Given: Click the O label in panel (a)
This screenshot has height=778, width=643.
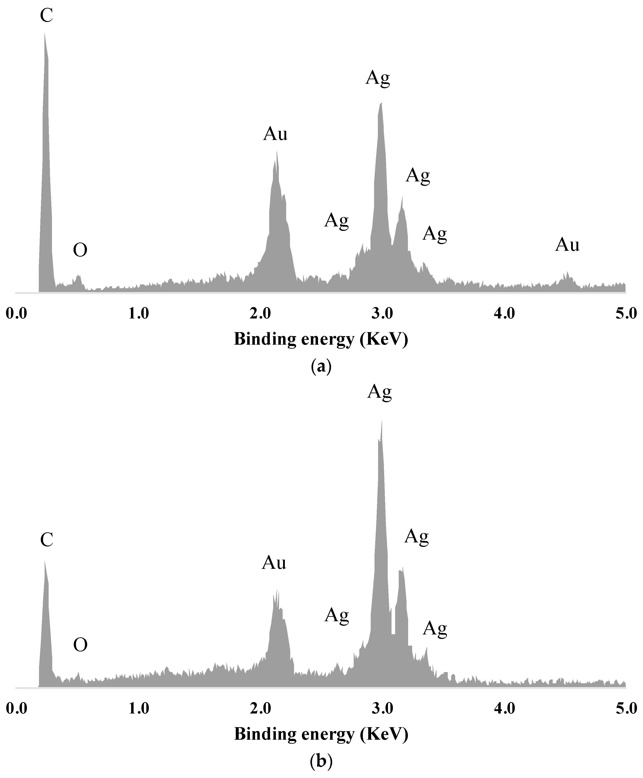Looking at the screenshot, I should click(80, 250).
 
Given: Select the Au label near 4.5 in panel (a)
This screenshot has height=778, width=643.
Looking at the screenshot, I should click(567, 245).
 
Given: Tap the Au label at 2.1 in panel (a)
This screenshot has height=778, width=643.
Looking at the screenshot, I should click(275, 134).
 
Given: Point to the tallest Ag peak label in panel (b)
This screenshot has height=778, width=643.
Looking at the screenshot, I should click(379, 392).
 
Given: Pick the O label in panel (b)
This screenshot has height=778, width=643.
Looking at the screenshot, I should click(80, 645).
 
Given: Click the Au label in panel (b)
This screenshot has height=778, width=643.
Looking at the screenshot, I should click(274, 563).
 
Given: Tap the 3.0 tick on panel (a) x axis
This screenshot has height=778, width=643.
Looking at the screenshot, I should click(382, 314).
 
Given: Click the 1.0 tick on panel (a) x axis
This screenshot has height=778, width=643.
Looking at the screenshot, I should click(139, 314).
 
